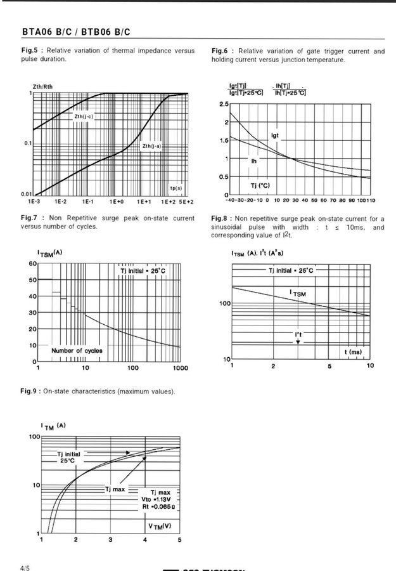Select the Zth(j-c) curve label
tap(84, 117)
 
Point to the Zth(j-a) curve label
tap(151, 145)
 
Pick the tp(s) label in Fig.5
tap(176, 188)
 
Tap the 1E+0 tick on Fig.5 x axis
tap(116, 201)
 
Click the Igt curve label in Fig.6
tap(275, 135)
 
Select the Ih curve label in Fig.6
tap(254, 161)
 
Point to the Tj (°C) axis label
tap(261, 185)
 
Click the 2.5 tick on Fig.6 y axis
tap(224, 103)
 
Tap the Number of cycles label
tap(77, 350)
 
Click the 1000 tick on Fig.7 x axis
tap(180, 368)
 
